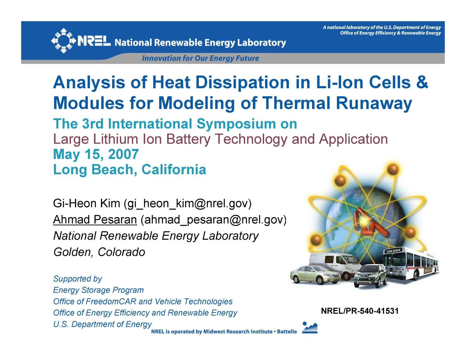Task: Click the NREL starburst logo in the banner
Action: tap(63, 41)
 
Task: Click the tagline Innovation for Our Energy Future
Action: tap(200, 58)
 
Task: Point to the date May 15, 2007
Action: tap(96, 154)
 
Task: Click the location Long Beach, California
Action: tap(130, 170)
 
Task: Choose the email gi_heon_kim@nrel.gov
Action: tap(187, 203)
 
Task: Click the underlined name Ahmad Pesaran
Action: tap(95, 220)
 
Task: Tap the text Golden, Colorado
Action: tap(99, 252)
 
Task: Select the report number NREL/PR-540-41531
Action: tap(359, 311)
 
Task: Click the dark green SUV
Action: tap(370, 275)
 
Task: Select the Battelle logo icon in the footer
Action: tap(310, 328)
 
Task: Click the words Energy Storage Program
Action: tap(98, 290)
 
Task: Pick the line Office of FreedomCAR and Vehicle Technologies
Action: tap(143, 302)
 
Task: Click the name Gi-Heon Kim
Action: tap(86, 203)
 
